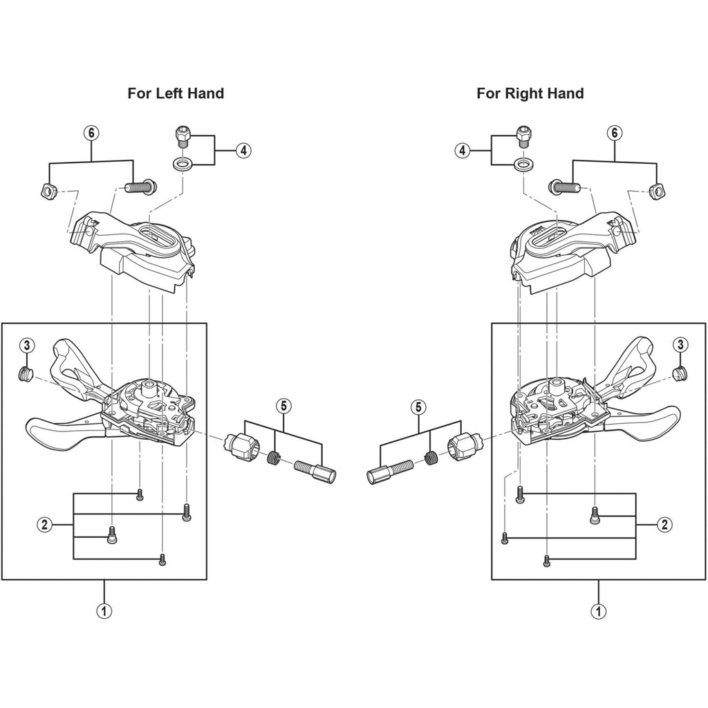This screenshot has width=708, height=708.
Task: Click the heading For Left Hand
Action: (176, 93)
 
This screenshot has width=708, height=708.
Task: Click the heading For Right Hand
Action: (530, 93)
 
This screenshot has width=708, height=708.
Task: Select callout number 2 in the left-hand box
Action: (43, 524)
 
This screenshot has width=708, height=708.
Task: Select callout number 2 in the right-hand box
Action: (664, 524)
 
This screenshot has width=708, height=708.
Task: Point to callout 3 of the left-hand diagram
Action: (26, 344)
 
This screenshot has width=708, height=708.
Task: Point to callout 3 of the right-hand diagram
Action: (681, 344)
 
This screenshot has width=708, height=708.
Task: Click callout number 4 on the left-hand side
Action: (242, 150)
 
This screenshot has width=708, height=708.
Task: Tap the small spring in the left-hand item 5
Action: (274, 457)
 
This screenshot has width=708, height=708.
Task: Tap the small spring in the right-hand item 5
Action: (433, 457)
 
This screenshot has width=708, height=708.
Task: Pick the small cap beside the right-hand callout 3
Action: (680, 375)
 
